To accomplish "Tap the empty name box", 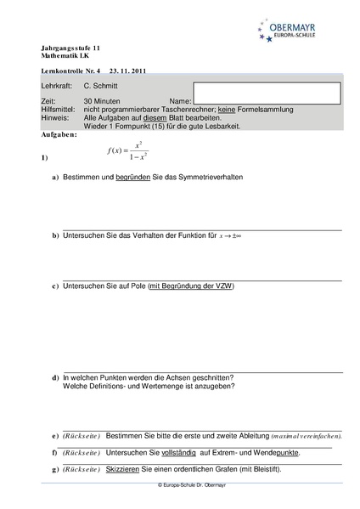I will [267, 93].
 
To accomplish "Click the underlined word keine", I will [227, 110].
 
